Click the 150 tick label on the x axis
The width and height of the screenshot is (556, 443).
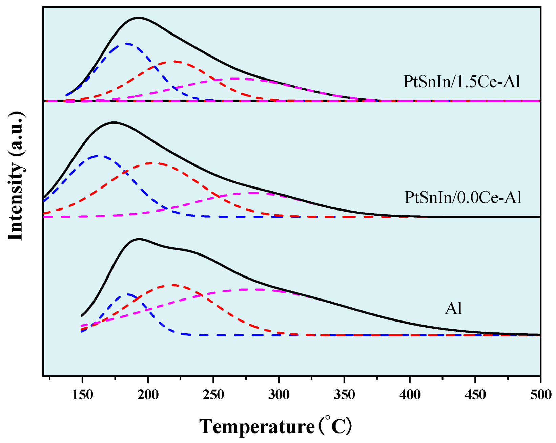(82, 395)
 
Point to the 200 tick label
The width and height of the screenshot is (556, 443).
(148, 395)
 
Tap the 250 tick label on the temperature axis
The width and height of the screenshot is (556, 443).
(213, 395)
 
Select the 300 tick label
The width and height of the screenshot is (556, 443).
(279, 395)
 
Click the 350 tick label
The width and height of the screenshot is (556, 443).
(344, 395)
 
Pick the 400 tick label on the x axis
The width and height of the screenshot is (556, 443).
(410, 395)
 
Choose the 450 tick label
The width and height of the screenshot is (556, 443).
(475, 395)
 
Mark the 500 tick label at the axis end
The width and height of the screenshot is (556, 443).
(541, 395)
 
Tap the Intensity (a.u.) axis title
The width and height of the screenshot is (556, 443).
(16, 176)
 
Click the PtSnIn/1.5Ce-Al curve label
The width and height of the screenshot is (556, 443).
(461, 82)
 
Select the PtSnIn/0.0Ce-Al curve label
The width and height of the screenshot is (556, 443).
(463, 197)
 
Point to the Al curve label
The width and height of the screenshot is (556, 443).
(453, 308)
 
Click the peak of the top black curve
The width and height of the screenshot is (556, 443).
(138, 18)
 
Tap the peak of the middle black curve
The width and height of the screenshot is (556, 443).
(114, 123)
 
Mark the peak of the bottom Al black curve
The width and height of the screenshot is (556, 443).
(139, 239)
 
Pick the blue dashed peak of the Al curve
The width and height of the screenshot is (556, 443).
(129, 294)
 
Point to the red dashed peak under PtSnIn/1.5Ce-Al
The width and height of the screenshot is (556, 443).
(174, 61)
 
